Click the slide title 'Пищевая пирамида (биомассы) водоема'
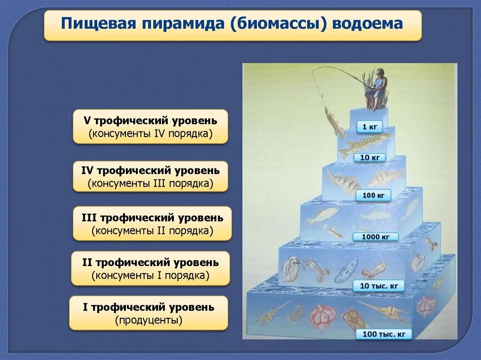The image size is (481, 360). pos(233,24)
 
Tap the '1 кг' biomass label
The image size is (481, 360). pos(369,127)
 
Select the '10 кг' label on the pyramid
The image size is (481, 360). pos(369,158)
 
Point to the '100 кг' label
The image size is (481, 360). pos(373,195)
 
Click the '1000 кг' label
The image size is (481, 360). pos(375,237)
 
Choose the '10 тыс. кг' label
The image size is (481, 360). pos(379,286)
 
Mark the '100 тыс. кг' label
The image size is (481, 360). pos(383,334)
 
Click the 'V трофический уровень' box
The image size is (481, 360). pos(150,127)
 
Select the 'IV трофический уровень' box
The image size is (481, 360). pos(150,176)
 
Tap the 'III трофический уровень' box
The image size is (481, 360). pos(152,223)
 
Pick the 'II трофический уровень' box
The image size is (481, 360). pos(150,268)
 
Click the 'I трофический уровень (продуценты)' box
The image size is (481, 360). pos(148,313)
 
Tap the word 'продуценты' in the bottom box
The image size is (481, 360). pos(148,321)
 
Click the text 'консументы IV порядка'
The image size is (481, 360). pos(150,134)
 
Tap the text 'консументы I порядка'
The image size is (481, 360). pos(150,276)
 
